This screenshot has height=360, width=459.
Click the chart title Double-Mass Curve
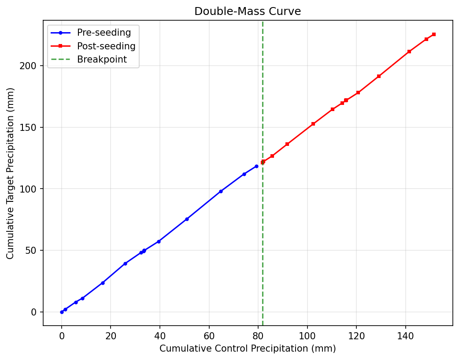tap(248, 11)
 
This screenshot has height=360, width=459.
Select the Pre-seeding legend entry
tap(104, 33)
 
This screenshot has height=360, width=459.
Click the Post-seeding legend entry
tap(106, 46)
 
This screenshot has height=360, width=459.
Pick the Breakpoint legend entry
tap(102, 59)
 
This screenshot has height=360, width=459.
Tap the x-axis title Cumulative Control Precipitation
tap(248, 349)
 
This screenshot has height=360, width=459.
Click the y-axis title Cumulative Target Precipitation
tap(11, 173)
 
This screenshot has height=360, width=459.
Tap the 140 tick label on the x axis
tap(405, 336)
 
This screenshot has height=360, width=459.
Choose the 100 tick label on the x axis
tap(307, 336)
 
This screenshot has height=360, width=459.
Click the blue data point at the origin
tap(62, 312)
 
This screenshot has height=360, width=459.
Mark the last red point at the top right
tap(434, 34)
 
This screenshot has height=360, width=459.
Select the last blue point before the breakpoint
tap(256, 166)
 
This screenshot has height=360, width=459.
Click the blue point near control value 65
tap(221, 191)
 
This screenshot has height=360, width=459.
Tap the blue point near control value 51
tap(187, 219)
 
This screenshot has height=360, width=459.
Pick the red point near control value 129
tap(379, 76)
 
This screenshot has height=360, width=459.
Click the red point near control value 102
tap(313, 124)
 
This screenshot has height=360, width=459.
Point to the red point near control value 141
tap(409, 52)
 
